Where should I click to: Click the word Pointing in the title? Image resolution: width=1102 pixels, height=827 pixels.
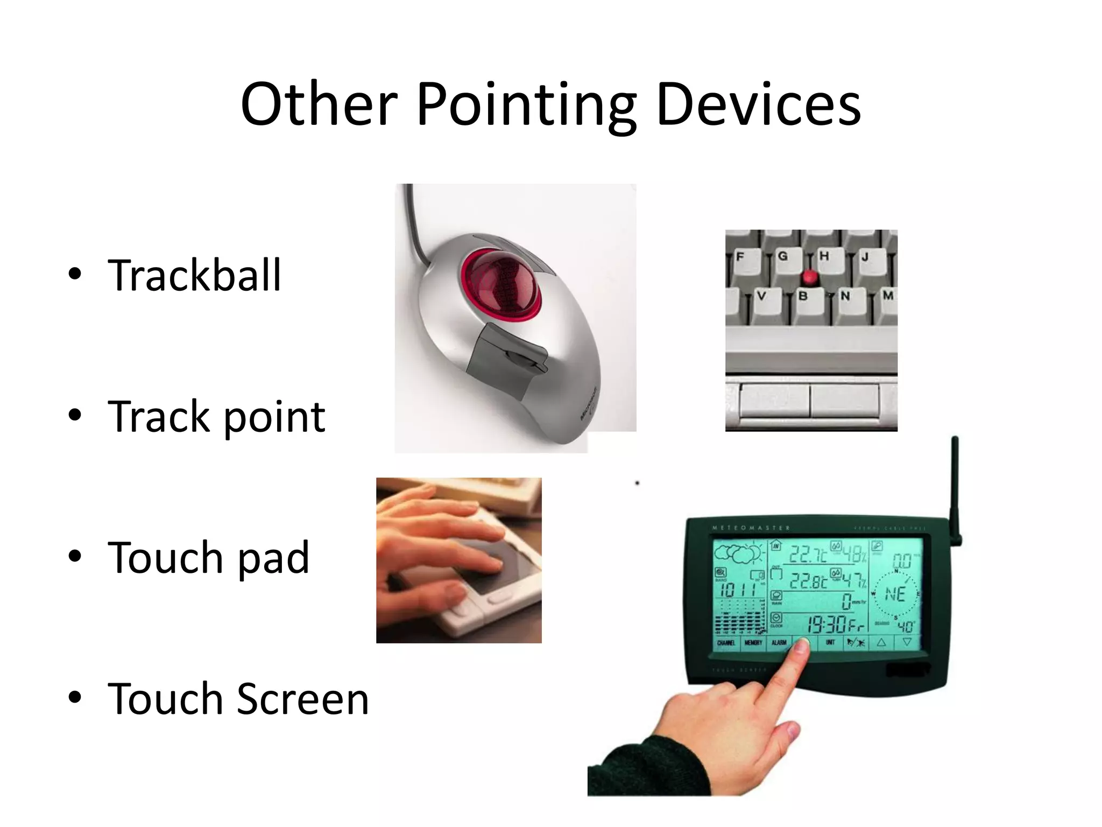526,105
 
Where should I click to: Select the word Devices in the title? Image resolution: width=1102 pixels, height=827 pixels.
759,105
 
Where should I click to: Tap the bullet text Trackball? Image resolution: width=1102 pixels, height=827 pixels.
194,275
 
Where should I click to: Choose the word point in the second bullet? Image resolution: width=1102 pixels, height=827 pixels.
274,417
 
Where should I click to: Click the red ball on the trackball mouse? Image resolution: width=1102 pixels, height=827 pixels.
501,284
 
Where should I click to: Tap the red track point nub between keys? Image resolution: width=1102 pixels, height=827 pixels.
809,278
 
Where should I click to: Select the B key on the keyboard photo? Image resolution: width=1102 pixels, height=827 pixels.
803,296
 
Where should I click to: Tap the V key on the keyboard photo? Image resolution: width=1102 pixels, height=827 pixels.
761,296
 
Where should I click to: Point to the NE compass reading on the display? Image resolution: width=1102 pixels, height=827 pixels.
895,594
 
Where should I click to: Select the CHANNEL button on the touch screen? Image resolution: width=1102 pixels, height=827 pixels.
726,643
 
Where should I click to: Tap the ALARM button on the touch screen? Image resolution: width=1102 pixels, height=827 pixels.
779,643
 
